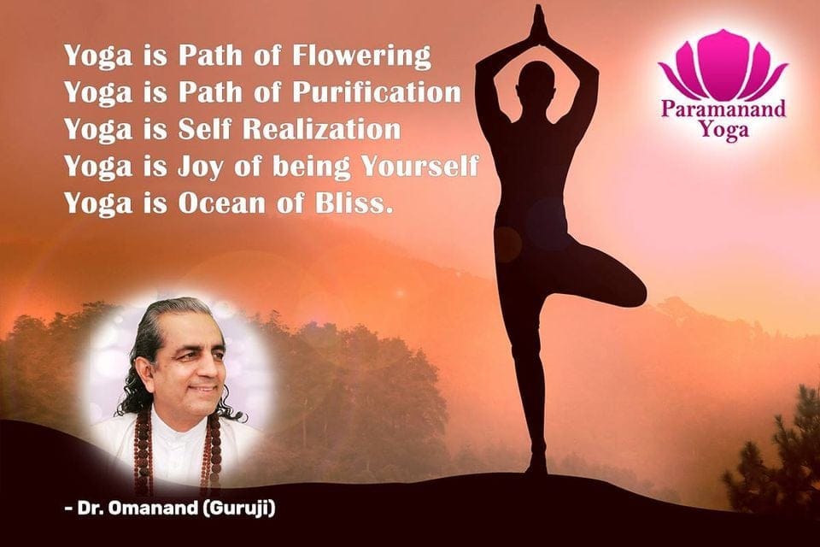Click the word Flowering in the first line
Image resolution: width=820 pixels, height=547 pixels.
click(361, 56)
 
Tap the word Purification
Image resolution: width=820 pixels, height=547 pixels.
click(377, 92)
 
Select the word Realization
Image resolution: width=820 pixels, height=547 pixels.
click(322, 129)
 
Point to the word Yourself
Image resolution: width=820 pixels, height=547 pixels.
click(420, 167)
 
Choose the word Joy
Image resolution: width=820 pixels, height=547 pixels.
click(200, 168)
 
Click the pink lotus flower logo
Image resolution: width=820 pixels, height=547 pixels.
click(723, 65)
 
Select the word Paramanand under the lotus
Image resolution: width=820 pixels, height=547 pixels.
click(723, 109)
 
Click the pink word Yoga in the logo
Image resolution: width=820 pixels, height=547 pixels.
click(723, 129)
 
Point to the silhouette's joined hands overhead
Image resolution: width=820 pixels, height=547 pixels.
click(537, 24)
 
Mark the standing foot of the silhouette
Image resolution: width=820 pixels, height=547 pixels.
click(536, 465)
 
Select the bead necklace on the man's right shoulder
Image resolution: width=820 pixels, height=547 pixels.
click(143, 450)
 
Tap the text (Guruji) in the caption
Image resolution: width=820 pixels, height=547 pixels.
click(238, 509)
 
